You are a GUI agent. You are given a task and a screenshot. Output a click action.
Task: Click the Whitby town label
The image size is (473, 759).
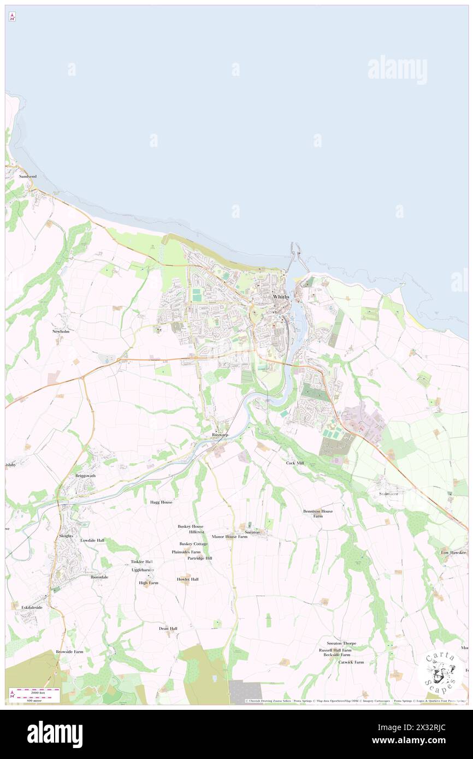[281, 297]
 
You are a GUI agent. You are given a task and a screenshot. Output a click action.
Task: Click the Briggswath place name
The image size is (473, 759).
[85, 476]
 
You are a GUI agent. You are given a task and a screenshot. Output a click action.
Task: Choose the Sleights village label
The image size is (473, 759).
[66, 536]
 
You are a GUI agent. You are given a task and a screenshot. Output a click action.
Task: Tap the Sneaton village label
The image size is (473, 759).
[252, 531]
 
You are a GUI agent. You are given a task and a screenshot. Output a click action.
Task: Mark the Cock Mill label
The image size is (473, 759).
[294, 463]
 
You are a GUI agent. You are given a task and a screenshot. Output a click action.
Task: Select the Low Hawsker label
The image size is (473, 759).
[453, 553]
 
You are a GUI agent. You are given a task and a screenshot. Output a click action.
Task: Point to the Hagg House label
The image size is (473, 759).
[161, 502]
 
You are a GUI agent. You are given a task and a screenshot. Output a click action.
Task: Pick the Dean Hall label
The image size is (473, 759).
[168, 628]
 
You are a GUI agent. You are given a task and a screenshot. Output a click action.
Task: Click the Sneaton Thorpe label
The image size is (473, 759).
[341, 643]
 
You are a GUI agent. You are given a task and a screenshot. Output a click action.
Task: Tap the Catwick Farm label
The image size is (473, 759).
[351, 662]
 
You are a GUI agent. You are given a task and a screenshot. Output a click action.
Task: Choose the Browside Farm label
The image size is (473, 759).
[69, 651]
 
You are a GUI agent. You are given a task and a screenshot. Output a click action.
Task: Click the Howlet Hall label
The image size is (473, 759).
[187, 579]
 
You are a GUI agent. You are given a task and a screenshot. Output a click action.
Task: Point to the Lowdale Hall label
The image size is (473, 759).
[92, 540]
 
